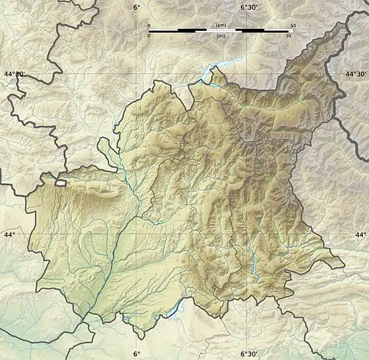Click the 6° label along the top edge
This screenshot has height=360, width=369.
point(137,7)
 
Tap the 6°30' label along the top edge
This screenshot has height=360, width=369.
point(249,7)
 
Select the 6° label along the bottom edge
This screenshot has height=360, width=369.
point(137,353)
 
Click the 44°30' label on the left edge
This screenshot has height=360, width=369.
point(13,74)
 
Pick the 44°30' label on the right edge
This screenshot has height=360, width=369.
point(356,74)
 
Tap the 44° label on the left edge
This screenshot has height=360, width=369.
point(9,235)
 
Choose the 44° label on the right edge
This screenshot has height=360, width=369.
point(361,235)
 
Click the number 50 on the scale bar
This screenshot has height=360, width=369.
point(293,26)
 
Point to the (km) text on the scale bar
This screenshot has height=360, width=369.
point(220,26)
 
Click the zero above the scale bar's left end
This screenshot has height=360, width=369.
point(148,26)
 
